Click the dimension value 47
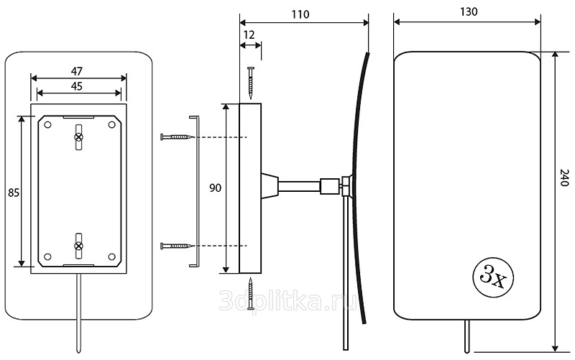(78, 70)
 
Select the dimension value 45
(78, 85)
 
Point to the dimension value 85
(13, 193)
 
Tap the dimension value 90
(215, 188)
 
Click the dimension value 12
(249, 34)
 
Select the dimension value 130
(467, 12)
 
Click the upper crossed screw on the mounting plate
(79, 137)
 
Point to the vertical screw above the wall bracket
(250, 82)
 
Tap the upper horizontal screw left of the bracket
(176, 137)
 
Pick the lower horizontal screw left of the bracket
(176, 246)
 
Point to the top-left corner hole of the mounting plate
(47, 125)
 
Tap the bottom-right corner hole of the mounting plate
(111, 257)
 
